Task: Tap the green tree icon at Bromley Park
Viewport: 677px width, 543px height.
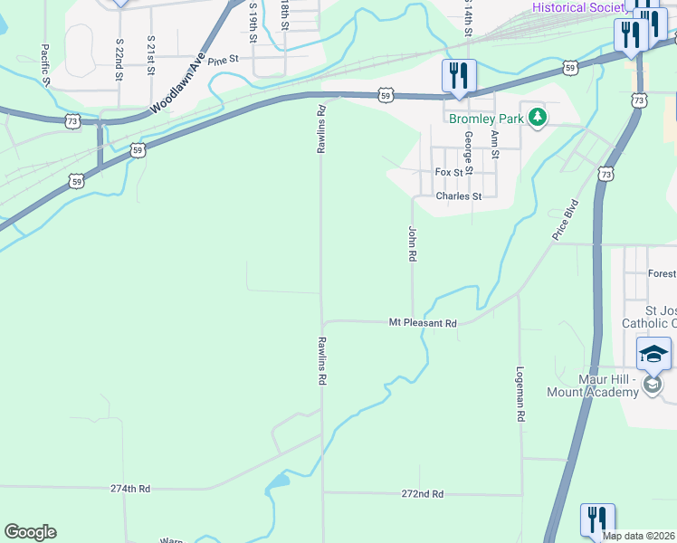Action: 538,118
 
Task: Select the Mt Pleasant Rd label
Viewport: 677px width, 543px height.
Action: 423,322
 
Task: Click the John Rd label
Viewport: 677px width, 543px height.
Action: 412,243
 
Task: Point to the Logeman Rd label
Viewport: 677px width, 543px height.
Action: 520,395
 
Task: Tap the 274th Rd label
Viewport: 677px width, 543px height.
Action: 130,489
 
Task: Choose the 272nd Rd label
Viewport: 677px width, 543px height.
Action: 424,494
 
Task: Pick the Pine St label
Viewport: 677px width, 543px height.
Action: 222,61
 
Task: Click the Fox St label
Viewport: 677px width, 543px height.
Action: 454,172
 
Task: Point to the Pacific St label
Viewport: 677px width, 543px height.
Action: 44,62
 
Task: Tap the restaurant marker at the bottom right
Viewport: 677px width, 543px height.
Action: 597,520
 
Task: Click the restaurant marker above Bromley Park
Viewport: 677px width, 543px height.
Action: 459,76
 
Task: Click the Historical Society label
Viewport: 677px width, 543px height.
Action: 577,7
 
